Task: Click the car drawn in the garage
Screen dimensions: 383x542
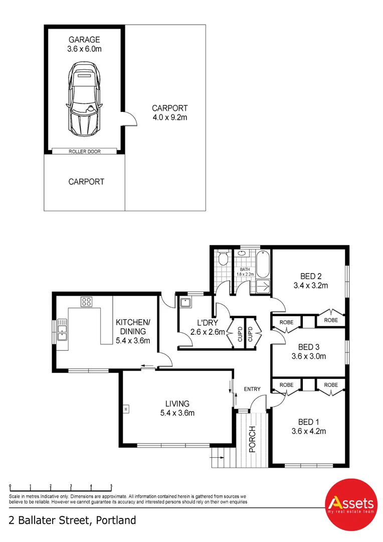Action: coord(84,99)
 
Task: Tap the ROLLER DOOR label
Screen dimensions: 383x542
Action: coord(85,152)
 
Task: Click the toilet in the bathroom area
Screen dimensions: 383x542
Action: coord(224,258)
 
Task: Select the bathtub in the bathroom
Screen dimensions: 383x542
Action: coord(263,264)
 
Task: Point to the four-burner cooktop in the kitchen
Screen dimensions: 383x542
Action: coord(86,302)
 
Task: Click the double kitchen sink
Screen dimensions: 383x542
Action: coord(62,329)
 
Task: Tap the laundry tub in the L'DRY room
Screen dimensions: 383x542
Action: coord(186,303)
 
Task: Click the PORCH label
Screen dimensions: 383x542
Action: coord(253,439)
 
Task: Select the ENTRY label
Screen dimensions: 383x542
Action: coord(252,389)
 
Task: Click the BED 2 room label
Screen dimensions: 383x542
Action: coord(311,276)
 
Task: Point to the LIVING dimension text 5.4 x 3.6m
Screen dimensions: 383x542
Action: coord(177,413)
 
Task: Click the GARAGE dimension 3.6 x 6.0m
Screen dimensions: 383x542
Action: coord(84,49)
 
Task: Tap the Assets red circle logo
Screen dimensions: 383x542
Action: coord(351,505)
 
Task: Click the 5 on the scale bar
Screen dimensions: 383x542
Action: coord(111,486)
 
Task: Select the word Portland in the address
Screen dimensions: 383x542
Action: coord(116,520)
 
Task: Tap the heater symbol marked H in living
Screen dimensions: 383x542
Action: coord(126,410)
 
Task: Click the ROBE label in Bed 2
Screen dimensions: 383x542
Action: coord(331,320)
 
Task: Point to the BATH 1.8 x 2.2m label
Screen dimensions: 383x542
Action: coord(245,272)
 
